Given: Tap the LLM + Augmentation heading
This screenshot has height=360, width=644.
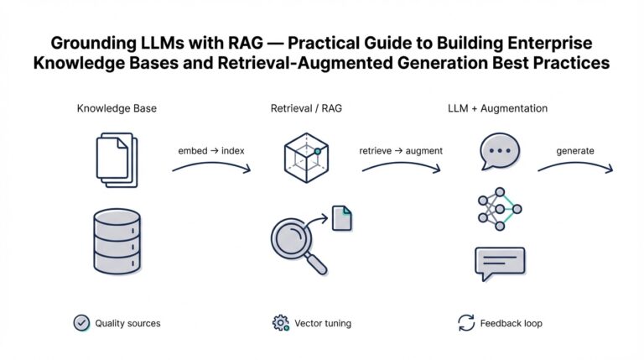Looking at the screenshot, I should pyautogui.click(x=497, y=109).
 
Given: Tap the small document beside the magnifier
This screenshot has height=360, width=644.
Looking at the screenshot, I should pyautogui.click(x=341, y=218).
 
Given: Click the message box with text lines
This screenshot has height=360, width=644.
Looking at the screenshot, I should pyautogui.click(x=499, y=263).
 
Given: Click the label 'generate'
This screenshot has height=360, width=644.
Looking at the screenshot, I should pyautogui.click(x=575, y=151).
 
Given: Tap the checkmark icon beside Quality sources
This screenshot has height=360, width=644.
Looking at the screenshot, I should pyautogui.click(x=81, y=322).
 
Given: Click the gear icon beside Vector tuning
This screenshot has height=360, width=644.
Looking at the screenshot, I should pyautogui.click(x=280, y=322).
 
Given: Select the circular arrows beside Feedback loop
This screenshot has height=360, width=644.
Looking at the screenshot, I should pyautogui.click(x=466, y=322).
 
